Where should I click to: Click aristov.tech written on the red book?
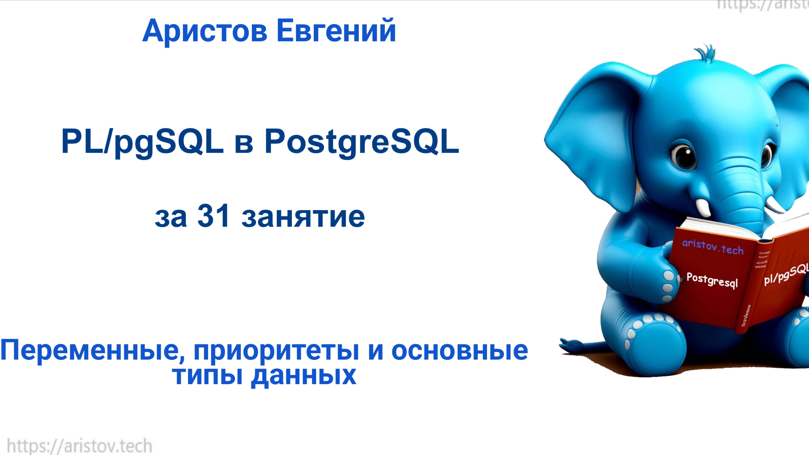(713, 246)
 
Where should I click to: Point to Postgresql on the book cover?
(712, 280)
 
